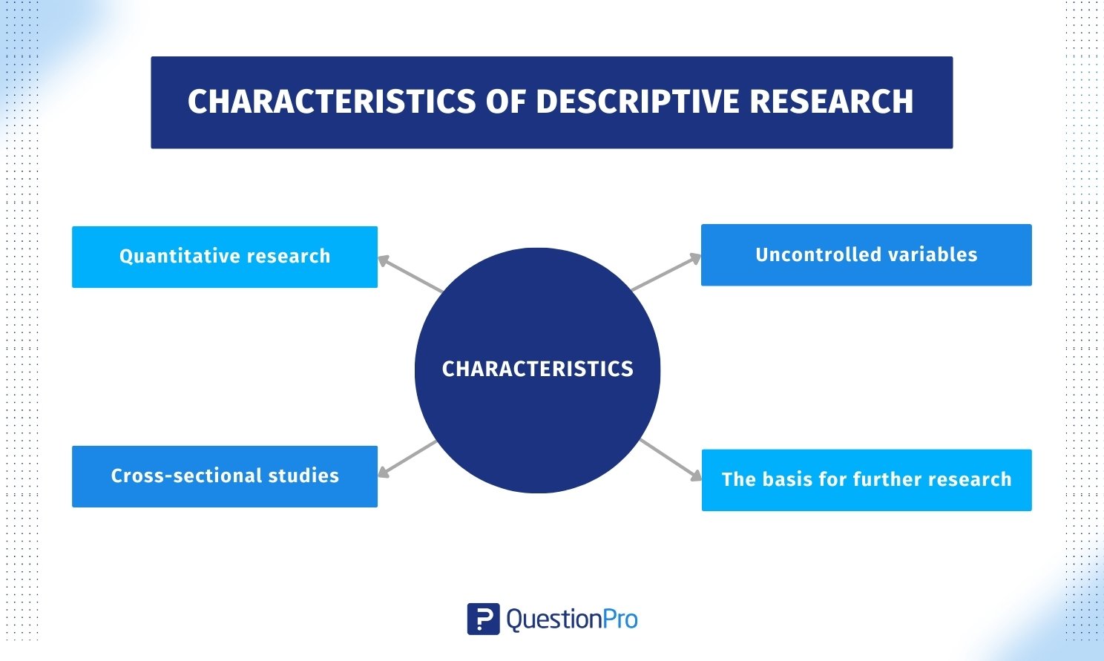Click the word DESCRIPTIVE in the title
coord(638,102)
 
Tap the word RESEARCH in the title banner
coord(832,102)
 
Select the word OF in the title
coord(506,102)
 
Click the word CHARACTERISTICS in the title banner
coord(332,102)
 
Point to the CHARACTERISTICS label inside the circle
coord(538,369)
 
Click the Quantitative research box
coord(225,257)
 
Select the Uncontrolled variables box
coord(867,255)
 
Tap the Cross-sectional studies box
coord(225,477)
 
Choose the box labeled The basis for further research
coord(867,480)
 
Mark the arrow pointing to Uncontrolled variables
coord(666,272)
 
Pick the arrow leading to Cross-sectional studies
coord(407,459)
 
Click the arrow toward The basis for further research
coord(671,460)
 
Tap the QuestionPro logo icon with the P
coord(483,619)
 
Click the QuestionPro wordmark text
coord(572,619)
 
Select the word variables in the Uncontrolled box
coord(933,255)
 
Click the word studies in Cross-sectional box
coord(303,476)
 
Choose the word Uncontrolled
coord(818,255)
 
